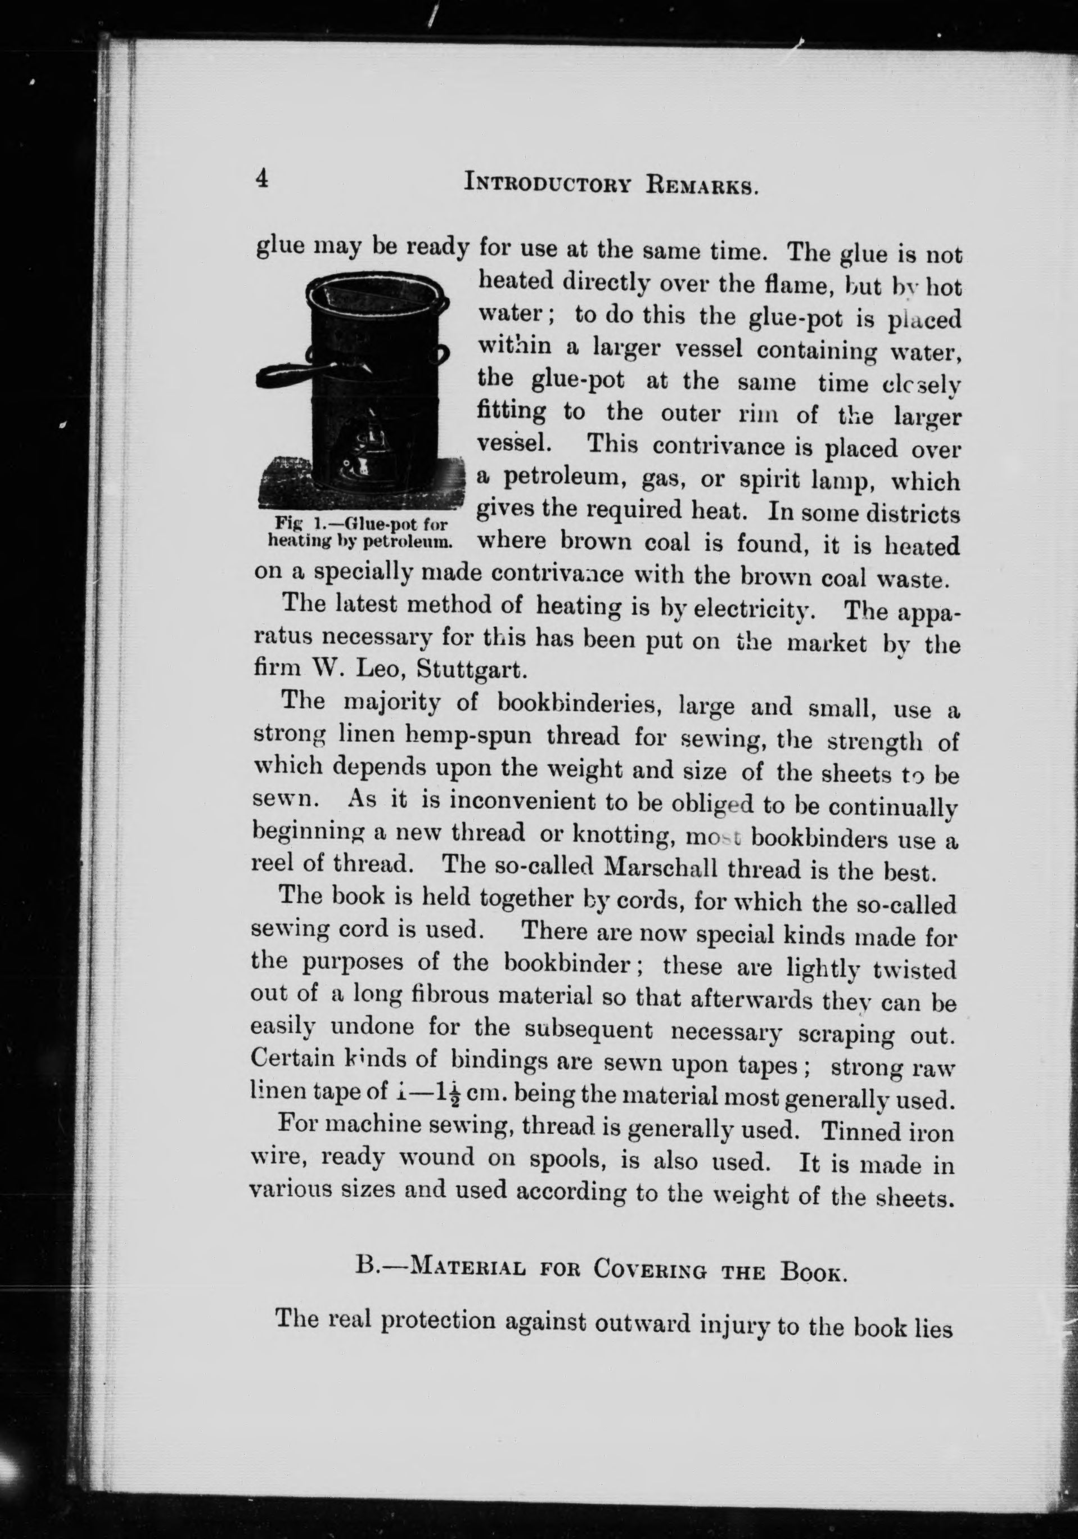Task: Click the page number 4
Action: click(x=262, y=180)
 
